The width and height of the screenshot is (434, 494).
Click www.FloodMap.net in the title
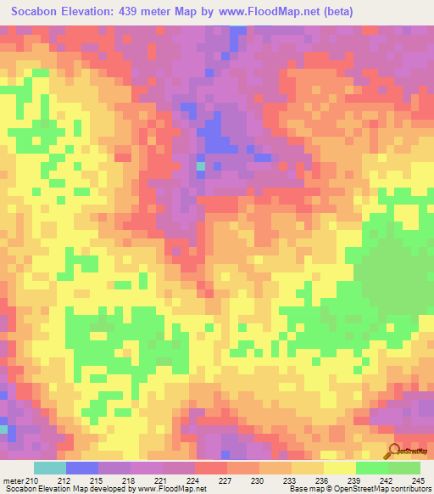(x=266, y=12)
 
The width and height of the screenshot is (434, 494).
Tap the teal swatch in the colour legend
(x=50, y=469)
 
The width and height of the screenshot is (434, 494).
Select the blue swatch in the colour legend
(x=82, y=469)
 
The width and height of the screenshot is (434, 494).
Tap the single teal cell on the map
(x=201, y=166)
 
